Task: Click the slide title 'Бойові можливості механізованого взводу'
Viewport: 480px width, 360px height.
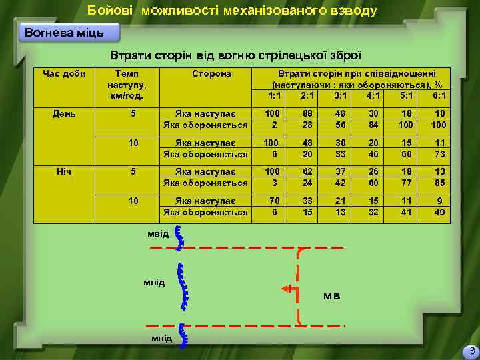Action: point(233,11)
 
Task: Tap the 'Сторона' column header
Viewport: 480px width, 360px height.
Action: point(211,73)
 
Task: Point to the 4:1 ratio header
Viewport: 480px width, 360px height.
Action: point(374,95)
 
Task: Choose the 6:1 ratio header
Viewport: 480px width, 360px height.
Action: point(439,95)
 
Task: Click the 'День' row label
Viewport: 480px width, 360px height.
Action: point(64,113)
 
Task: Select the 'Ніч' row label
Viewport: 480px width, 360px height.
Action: point(64,171)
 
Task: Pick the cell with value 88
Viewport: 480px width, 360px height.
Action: point(307,114)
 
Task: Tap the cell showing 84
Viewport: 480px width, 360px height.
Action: point(374,125)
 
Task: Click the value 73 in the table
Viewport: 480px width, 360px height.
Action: point(439,153)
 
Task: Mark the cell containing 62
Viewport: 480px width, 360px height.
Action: point(307,171)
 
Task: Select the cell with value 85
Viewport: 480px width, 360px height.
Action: point(439,182)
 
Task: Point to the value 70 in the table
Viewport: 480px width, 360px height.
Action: point(271,200)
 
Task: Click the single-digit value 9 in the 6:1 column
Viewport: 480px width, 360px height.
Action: point(439,200)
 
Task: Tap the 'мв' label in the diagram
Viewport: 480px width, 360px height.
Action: point(331,295)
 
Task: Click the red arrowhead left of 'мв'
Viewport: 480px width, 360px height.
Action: point(286,289)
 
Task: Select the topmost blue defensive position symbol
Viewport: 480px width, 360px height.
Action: point(179,237)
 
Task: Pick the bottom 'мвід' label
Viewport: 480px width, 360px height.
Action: point(161,338)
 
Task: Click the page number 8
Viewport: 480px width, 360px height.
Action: point(472,351)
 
